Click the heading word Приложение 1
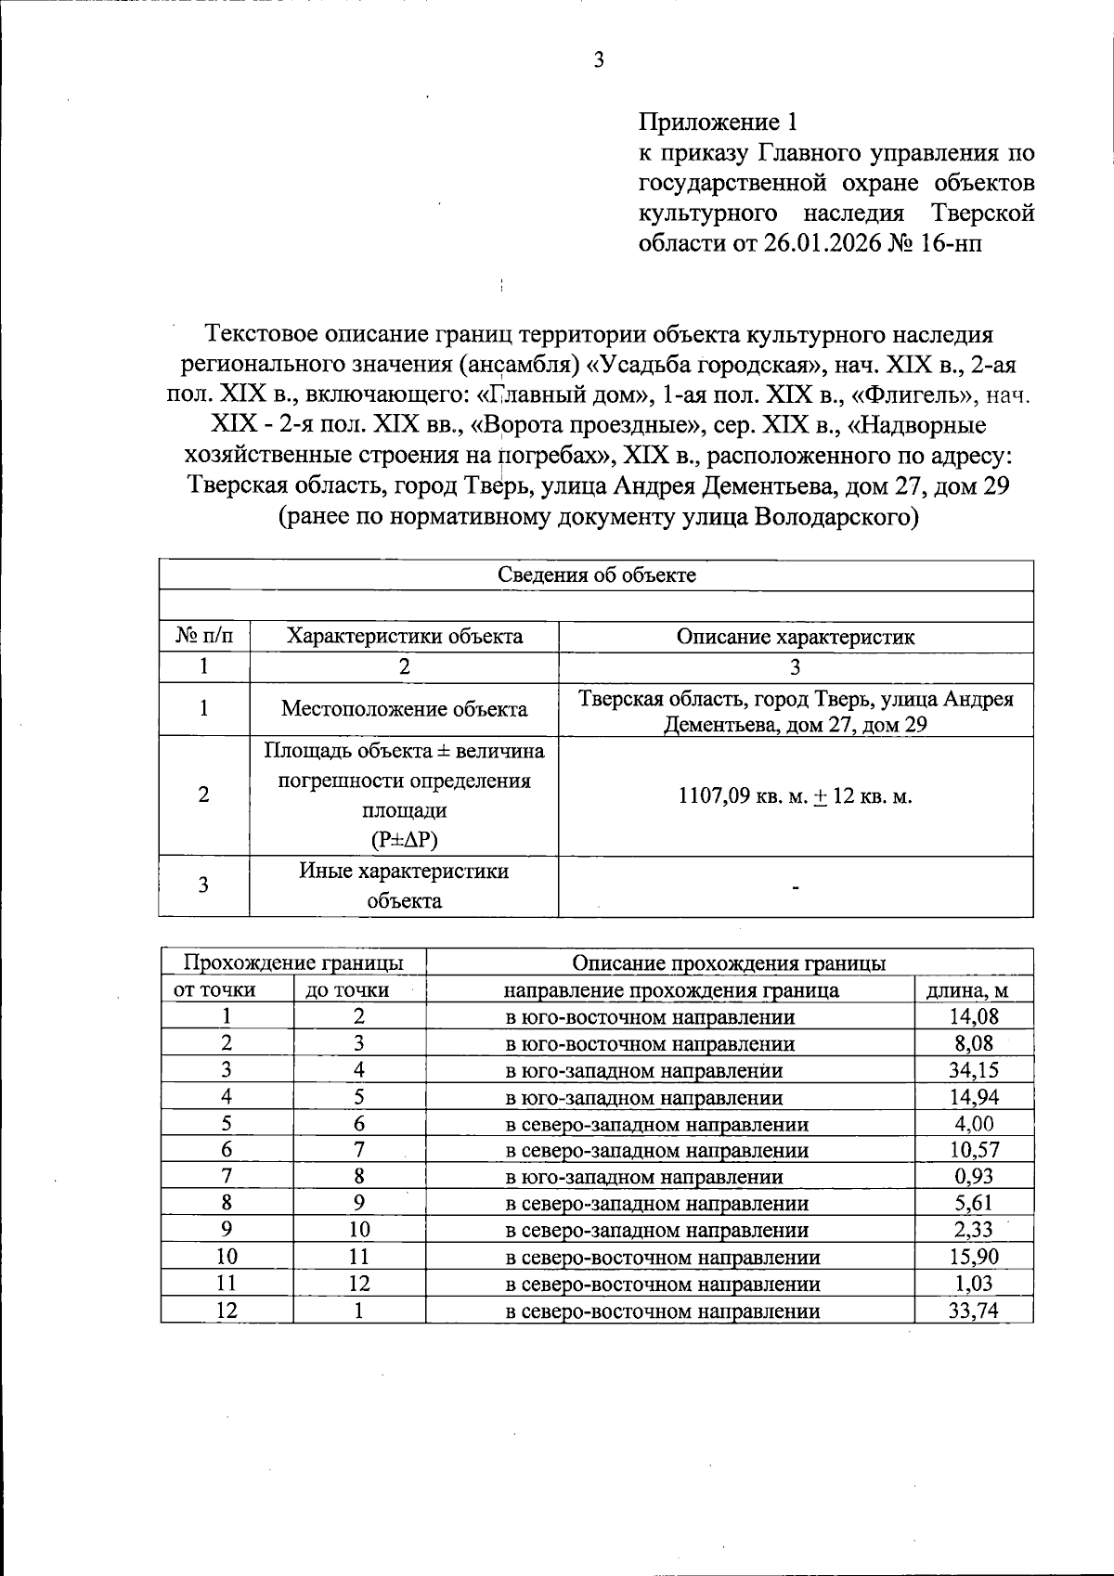(718, 123)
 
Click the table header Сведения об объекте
(597, 575)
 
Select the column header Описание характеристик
(796, 637)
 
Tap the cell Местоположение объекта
(404, 709)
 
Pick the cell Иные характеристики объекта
(404, 885)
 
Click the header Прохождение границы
(293, 962)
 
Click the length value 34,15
(973, 1070)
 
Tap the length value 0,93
(973, 1177)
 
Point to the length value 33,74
(973, 1311)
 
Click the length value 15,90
(973, 1258)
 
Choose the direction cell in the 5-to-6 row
(656, 1124)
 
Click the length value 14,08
(973, 1016)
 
